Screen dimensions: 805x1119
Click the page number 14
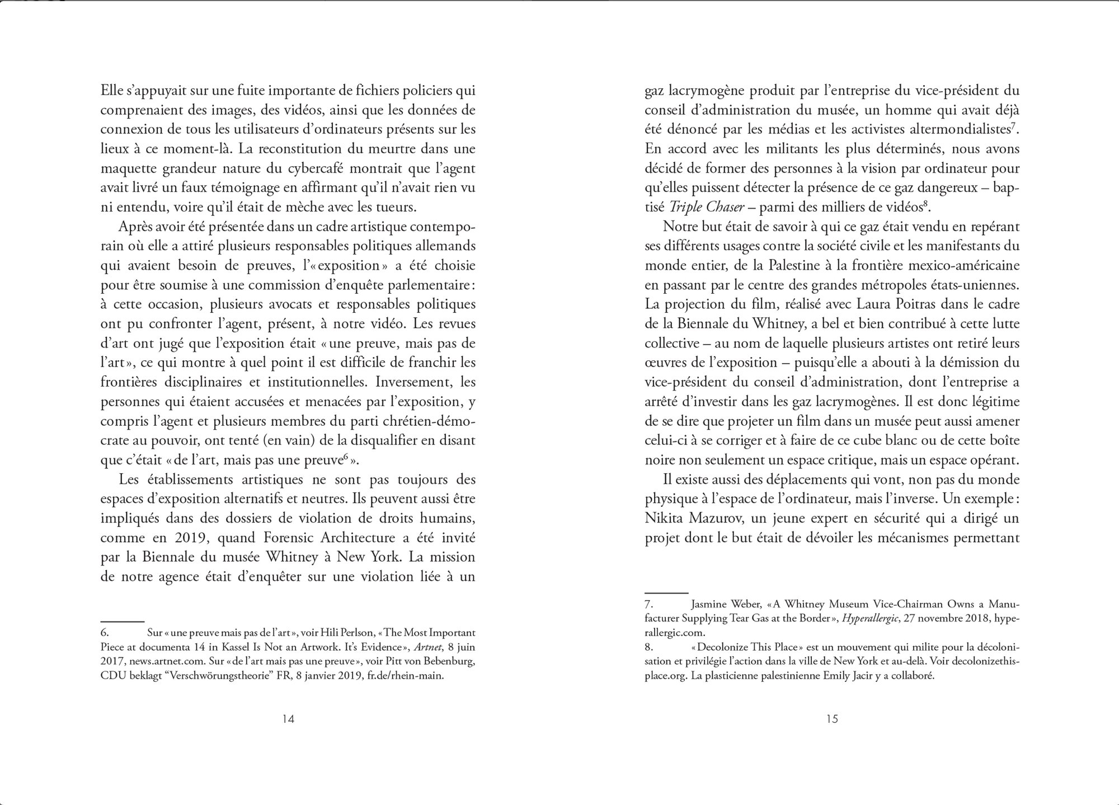tap(288, 719)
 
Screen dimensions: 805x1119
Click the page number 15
tap(832, 719)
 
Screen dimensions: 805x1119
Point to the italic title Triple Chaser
tap(707, 207)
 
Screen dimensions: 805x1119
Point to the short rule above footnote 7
tap(666, 592)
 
